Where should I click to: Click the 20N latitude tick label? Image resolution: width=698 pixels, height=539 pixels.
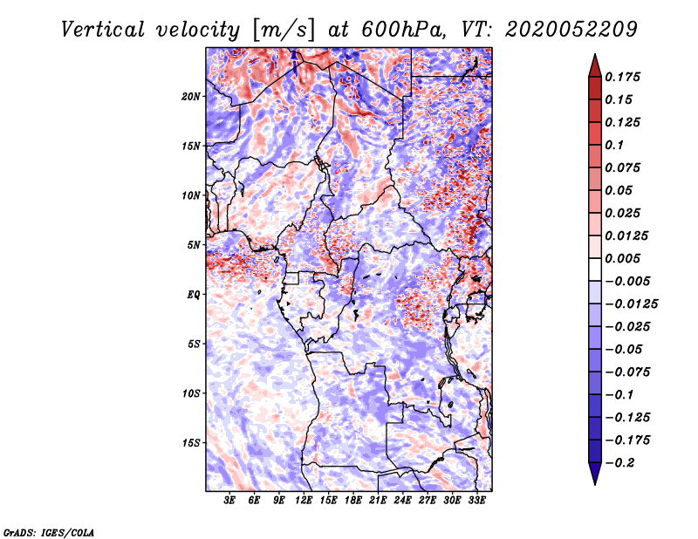pos(191,97)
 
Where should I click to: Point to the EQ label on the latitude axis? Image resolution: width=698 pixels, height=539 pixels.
pos(193,295)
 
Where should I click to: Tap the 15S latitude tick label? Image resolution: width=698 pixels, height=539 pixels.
pos(191,443)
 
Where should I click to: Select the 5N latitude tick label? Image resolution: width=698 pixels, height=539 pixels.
pos(194,245)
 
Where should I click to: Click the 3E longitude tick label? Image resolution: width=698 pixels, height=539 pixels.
pos(229,501)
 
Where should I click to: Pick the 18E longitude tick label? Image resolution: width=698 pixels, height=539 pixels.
pos(353,501)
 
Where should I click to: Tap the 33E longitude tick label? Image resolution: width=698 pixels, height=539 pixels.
pos(476,501)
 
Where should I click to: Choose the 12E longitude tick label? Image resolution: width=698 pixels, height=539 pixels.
pos(304,501)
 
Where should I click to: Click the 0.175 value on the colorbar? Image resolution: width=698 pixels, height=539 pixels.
pos(623,77)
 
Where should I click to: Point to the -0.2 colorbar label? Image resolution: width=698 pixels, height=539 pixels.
pos(619,463)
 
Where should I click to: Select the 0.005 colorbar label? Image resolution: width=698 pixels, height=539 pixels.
pos(623,258)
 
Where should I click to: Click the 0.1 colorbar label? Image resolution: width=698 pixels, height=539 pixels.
pos(615,145)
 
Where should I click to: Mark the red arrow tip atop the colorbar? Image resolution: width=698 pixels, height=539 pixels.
pos(595,55)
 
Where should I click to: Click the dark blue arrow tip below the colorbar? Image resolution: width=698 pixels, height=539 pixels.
pos(595,483)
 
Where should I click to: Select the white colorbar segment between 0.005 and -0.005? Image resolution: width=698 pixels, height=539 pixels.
pos(595,269)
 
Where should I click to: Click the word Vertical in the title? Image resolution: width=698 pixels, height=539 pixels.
pos(103,30)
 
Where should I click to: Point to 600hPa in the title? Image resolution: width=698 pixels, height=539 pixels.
pos(402,30)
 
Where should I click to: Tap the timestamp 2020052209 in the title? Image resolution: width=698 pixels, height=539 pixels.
pos(571,30)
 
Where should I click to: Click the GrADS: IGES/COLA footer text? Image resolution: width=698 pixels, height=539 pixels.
pos(49,533)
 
